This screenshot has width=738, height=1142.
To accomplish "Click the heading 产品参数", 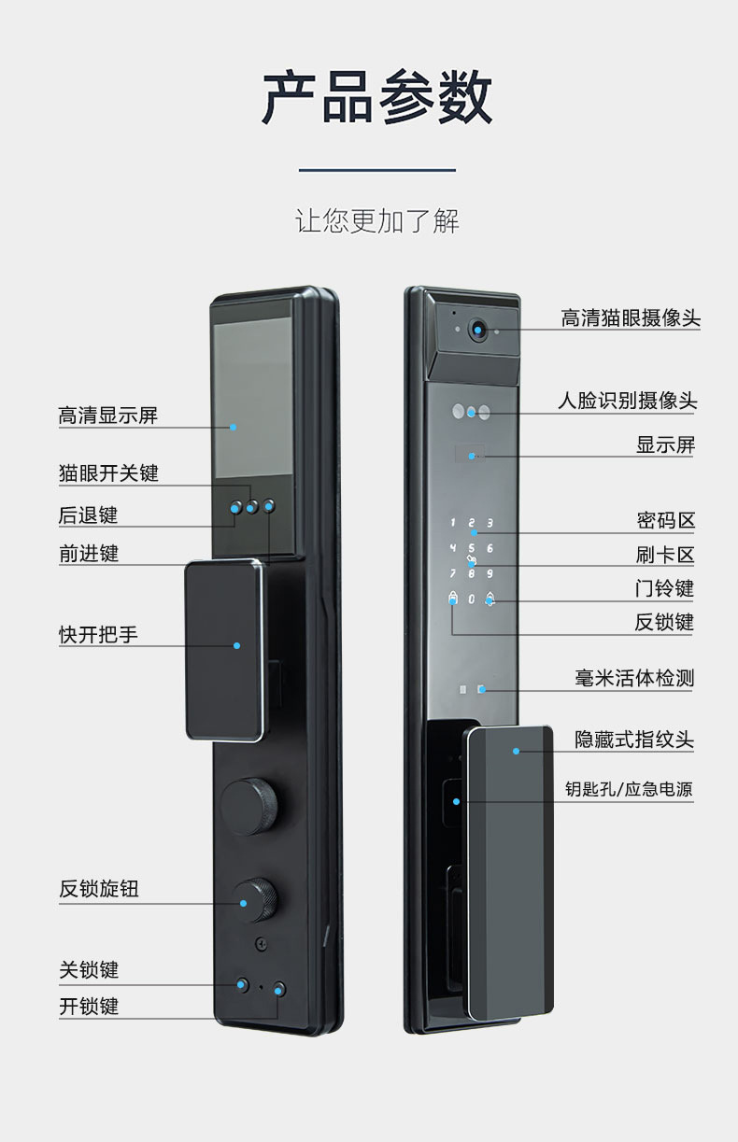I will [376, 97].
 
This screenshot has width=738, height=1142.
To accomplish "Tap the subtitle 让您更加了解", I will [376, 221].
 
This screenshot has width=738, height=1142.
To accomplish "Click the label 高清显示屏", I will [108, 416].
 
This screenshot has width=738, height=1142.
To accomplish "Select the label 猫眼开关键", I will [108, 473].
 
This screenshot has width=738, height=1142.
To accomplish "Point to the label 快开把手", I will [98, 635].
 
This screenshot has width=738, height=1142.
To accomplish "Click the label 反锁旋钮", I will [99, 889].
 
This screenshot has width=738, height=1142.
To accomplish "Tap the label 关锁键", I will [89, 970].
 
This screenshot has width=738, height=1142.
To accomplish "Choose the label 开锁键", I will [89, 1007].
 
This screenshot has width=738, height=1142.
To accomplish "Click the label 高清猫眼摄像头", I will [630, 318].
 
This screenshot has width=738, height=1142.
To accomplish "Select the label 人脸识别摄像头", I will [628, 401].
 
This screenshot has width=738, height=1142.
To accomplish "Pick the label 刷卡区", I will [665, 555].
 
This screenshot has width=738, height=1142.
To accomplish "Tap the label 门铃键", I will [664, 588].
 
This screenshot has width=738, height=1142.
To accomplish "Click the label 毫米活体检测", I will [634, 678].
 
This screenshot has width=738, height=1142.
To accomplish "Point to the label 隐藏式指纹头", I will [634, 740].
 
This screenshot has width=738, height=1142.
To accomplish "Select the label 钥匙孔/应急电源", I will [629, 790].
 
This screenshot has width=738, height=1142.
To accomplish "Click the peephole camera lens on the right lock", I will [478, 330].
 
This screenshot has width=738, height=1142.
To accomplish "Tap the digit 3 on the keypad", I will [490, 524].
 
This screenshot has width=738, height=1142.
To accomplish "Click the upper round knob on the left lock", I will [248, 804].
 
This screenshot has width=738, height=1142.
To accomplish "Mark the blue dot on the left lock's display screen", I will [234, 428].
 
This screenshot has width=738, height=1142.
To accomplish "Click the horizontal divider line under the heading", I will [376, 171].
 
